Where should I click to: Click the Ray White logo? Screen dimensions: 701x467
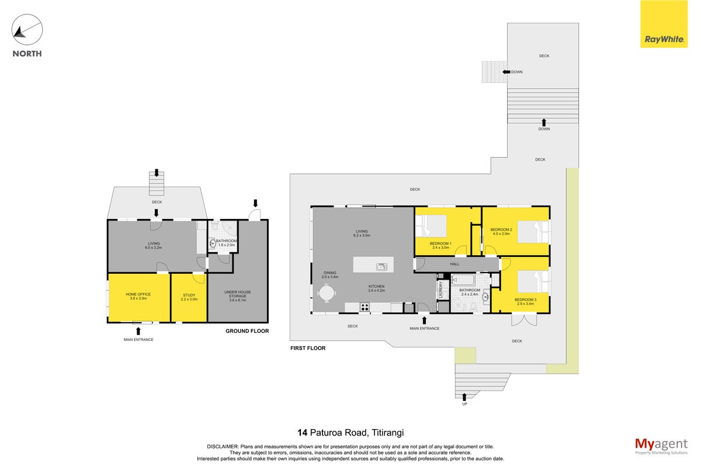click(x=664, y=24)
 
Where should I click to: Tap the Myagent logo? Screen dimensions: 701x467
click(x=661, y=447)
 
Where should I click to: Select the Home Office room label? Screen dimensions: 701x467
click(x=138, y=296)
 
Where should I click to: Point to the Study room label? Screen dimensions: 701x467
click(x=189, y=297)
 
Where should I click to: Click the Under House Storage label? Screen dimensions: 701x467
click(x=238, y=296)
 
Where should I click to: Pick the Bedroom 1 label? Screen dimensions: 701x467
click(x=440, y=246)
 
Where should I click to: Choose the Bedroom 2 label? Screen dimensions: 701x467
click(x=501, y=232)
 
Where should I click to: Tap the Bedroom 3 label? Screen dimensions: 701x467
click(x=525, y=302)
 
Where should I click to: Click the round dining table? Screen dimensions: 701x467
click(x=327, y=294)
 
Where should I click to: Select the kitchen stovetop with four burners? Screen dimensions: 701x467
click(x=365, y=307)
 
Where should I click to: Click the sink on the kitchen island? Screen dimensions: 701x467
click(x=381, y=267)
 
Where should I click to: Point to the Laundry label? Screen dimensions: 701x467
click(x=440, y=290)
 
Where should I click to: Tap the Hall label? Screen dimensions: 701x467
click(x=454, y=264)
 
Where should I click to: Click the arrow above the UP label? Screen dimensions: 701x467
click(x=464, y=397)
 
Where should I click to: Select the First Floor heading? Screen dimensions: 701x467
click(x=308, y=348)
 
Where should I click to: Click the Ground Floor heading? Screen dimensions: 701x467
click(x=247, y=331)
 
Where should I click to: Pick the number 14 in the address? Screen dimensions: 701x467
click(x=303, y=433)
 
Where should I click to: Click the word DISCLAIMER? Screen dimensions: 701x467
click(x=223, y=447)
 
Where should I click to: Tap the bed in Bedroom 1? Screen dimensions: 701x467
click(x=431, y=225)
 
